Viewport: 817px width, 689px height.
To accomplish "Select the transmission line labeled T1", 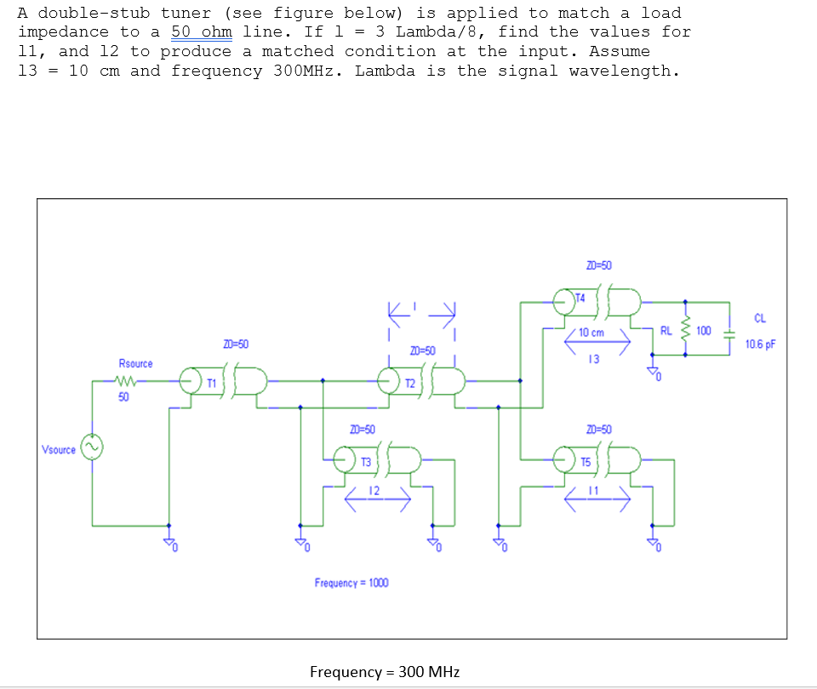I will (223, 384).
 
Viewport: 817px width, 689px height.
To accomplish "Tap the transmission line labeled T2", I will (421, 384).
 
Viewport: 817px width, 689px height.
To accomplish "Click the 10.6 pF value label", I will (760, 344).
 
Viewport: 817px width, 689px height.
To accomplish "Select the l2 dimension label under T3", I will (373, 492).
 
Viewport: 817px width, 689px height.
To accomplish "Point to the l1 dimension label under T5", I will (592, 492).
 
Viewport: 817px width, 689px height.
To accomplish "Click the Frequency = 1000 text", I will (351, 583).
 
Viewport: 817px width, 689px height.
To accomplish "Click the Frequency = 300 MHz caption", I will (385, 672).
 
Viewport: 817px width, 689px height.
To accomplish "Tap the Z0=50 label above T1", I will (236, 343).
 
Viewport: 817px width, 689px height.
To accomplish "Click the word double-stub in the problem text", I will (94, 13).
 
